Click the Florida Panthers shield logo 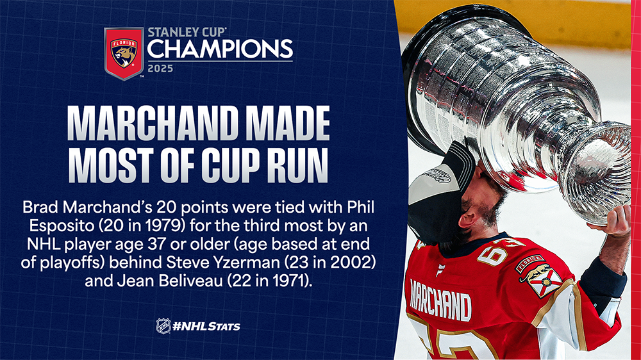click(124, 53)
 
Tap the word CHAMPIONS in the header click(220, 49)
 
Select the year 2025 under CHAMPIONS click(160, 69)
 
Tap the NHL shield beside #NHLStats click(163, 326)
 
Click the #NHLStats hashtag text click(206, 327)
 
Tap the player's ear click(468, 220)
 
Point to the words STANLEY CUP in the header click(187, 32)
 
